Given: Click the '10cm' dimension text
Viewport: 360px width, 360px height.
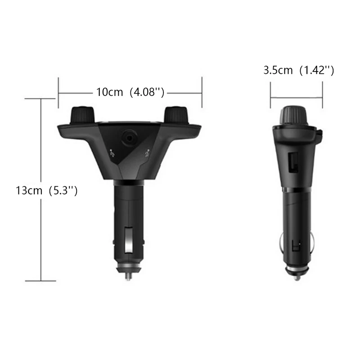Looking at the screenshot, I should [109, 92].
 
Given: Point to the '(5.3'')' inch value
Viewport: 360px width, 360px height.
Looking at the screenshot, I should [62, 190].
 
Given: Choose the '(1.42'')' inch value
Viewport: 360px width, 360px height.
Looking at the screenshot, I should [317, 71].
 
